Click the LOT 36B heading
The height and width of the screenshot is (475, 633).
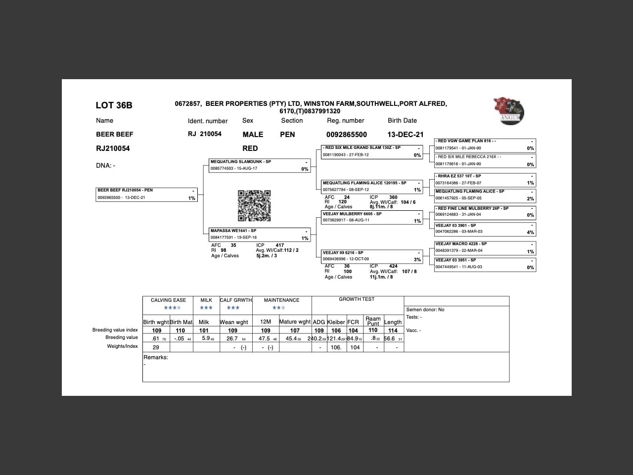coord(114,105)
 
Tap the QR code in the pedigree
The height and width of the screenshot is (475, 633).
coord(254,206)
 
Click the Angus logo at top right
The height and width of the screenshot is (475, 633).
coord(509,110)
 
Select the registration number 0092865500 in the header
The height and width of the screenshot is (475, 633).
coord(346,135)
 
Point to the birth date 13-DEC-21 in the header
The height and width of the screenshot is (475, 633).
coord(405,135)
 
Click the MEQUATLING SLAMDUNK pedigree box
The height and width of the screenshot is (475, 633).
coord(260,165)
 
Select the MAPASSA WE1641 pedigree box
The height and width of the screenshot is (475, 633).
coord(260,235)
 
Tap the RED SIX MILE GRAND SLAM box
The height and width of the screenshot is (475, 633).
coord(372,151)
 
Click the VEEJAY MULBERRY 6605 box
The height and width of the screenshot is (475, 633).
coord(372,217)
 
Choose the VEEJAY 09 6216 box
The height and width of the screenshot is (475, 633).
coord(372,256)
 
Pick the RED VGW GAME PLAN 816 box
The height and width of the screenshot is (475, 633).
coord(485,144)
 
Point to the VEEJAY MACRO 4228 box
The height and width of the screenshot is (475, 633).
coord(485,247)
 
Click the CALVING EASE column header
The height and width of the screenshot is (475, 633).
coord(168,300)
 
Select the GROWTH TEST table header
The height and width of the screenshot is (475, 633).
coord(357,299)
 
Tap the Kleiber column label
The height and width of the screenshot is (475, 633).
coord(336,322)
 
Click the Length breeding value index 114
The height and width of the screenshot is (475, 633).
coord(393,331)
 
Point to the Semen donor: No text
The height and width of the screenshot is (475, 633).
coord(425,310)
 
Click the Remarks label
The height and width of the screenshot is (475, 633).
coord(156,357)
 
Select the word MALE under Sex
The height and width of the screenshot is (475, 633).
coord(253,135)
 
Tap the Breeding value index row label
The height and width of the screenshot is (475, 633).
coord(115,330)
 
